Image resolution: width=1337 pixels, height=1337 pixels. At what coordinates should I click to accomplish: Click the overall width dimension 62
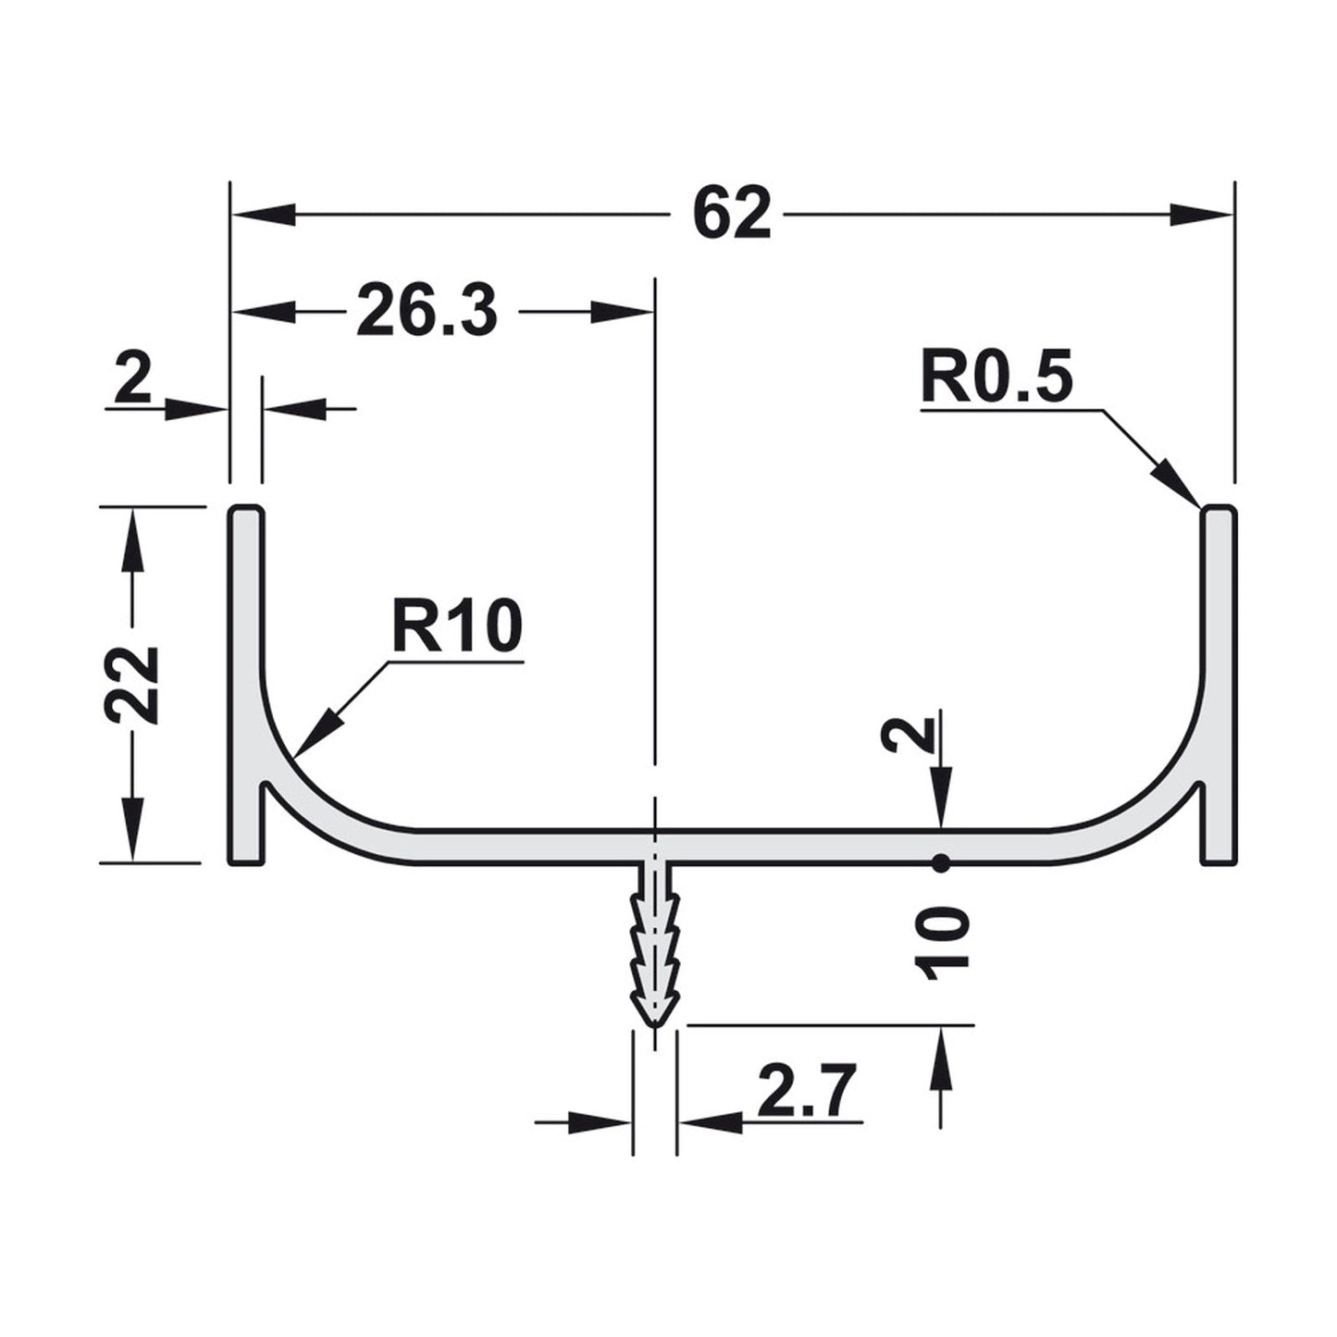point(731,215)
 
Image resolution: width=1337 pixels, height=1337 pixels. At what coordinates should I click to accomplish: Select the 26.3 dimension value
point(427,313)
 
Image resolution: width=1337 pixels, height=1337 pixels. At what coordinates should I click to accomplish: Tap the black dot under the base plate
point(941,863)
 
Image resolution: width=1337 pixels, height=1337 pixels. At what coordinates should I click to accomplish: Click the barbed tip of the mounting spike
point(654,1018)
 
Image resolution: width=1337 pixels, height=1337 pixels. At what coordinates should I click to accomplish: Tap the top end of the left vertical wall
point(245,511)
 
